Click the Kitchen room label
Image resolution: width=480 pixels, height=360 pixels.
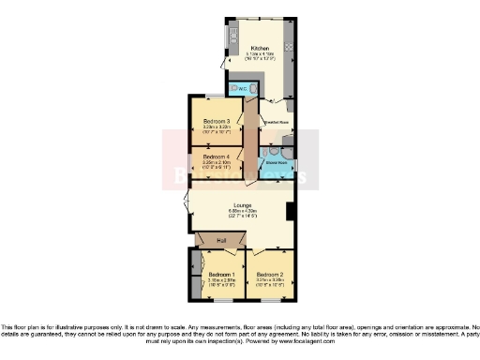[260, 48]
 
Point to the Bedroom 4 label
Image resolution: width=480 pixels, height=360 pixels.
[216, 157]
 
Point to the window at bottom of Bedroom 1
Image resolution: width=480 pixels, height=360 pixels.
[220, 301]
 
